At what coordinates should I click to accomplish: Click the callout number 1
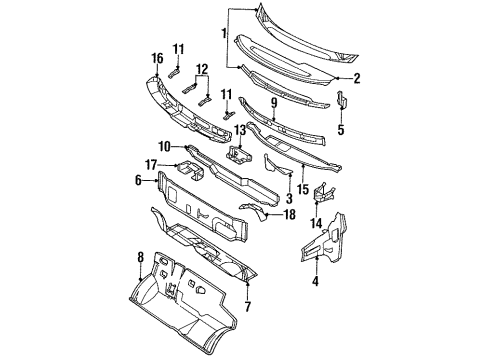[222, 36]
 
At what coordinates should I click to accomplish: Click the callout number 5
[342, 128]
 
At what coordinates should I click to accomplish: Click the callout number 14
[318, 223]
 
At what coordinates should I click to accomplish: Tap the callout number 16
[156, 59]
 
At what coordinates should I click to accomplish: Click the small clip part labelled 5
[341, 102]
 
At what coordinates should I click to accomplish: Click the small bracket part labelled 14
[323, 193]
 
